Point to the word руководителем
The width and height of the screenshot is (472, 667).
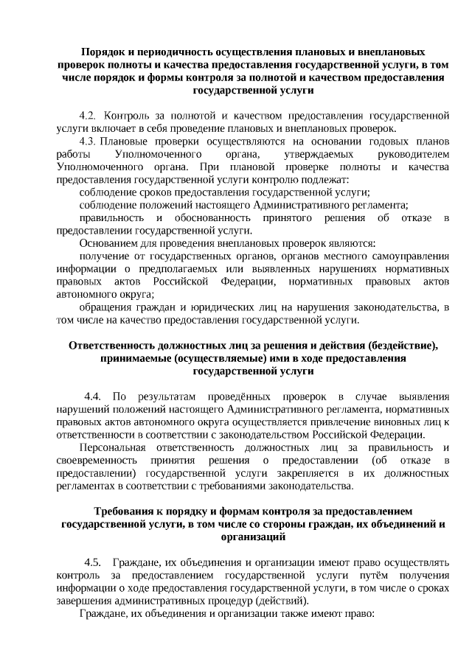413,153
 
